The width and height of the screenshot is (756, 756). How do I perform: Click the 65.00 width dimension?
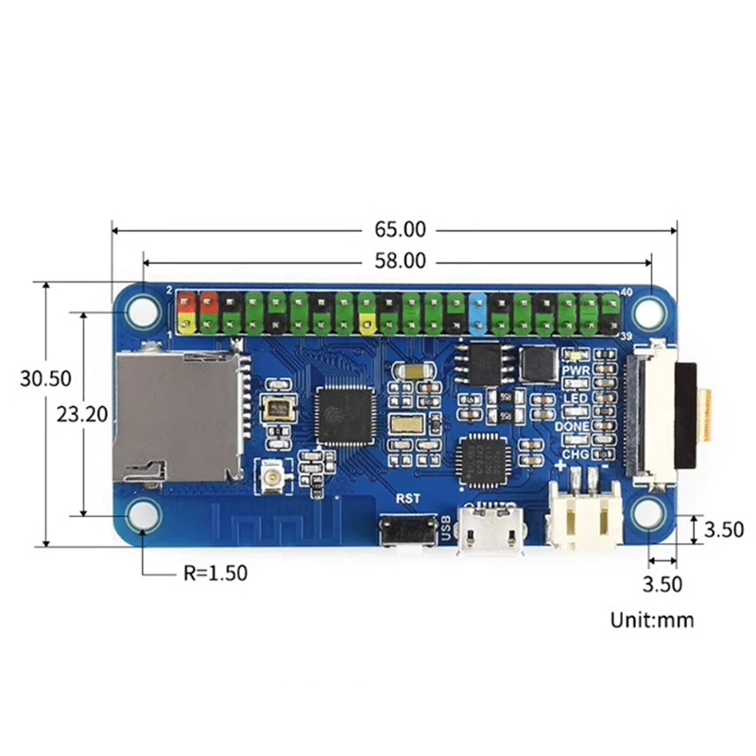point(400,229)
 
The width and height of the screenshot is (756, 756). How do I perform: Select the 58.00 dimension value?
point(400,262)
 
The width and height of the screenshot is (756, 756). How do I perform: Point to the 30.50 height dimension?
point(45,378)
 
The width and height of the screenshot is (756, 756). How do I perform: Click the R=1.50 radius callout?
point(217,573)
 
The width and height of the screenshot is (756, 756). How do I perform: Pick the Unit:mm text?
point(652,621)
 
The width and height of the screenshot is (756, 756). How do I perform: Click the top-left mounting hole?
point(144,309)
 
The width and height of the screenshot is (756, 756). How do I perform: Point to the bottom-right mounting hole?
point(649,515)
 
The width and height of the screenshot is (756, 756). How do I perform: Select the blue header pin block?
point(478,312)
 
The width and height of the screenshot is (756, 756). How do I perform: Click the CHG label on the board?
point(576,455)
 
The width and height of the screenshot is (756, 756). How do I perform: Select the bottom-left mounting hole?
point(144,515)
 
